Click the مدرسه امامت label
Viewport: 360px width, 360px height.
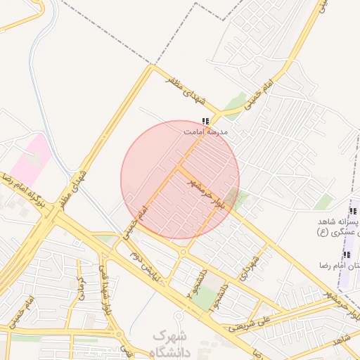point(205,131)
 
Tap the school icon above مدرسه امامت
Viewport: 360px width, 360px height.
point(205,121)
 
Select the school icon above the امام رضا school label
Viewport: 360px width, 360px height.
point(345,255)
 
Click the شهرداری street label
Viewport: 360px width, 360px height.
point(249,267)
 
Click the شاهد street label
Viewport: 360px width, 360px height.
point(345,342)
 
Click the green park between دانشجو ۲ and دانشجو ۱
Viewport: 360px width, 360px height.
point(206,299)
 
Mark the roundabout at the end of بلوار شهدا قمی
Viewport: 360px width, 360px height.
point(118,335)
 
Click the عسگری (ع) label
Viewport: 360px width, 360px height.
point(336,233)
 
